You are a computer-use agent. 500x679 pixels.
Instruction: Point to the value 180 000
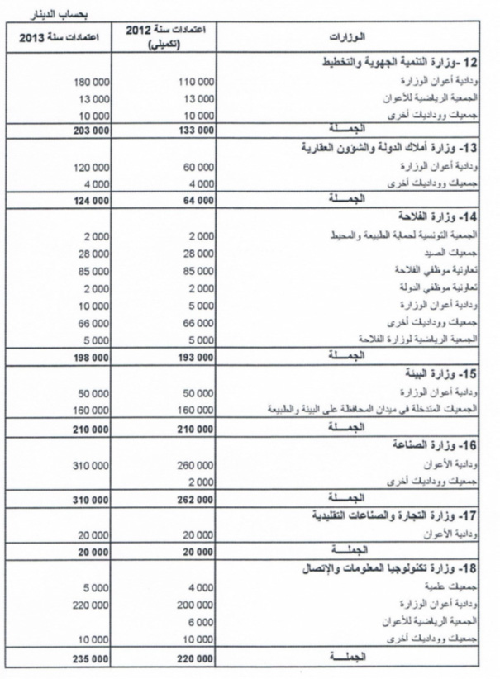click(x=91, y=82)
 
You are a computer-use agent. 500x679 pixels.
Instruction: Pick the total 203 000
click(x=91, y=130)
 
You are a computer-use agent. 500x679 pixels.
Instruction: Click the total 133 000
click(x=195, y=130)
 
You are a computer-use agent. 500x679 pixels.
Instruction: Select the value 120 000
click(x=91, y=168)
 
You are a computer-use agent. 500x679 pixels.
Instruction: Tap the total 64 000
click(x=198, y=200)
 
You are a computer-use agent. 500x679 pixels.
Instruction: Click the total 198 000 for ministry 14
click(x=91, y=354)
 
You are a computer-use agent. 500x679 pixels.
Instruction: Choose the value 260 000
click(x=195, y=466)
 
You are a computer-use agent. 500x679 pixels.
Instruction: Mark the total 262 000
click(x=195, y=500)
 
